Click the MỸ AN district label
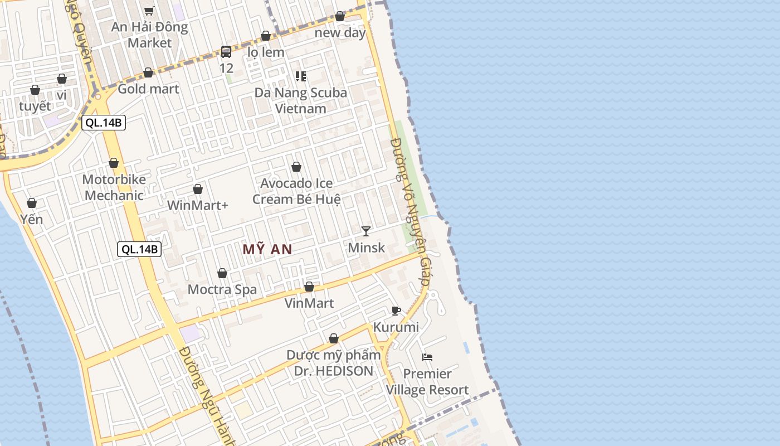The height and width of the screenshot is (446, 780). tap(267, 249)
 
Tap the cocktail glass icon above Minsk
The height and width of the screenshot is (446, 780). tap(366, 231)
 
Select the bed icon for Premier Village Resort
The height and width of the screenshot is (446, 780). tap(427, 357)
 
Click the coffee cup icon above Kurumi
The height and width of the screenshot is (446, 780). tap(396, 311)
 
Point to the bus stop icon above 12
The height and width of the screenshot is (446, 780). tap(226, 52)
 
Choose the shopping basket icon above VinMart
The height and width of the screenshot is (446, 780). tap(309, 287)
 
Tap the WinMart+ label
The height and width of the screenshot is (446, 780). tap(198, 205)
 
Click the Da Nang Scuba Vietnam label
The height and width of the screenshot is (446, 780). tap(301, 100)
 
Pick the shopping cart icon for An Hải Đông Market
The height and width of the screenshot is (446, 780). tap(149, 11)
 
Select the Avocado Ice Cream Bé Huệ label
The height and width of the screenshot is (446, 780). tap(296, 191)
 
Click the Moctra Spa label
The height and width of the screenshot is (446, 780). tap(222, 289)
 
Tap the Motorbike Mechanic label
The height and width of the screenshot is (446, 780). tap(114, 187)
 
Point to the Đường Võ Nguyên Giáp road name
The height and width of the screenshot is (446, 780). tap(411, 212)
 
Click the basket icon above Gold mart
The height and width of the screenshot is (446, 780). tap(148, 72)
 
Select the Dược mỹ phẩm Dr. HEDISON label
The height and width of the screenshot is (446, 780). tap(333, 363)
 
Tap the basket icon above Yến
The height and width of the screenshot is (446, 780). tap(32, 203)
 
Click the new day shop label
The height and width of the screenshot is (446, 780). tap(340, 32)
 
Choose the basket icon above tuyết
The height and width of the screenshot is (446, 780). tap(35, 90)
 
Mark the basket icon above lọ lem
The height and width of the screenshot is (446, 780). tap(266, 36)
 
